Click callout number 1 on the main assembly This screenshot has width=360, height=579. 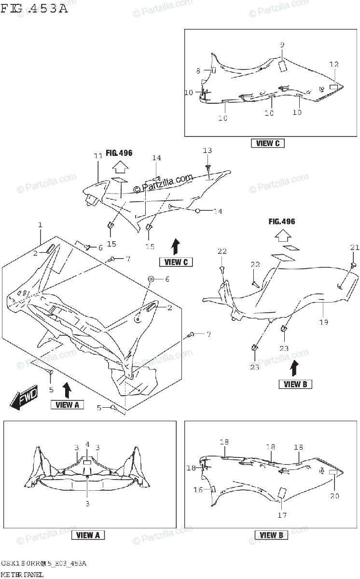point(41,225)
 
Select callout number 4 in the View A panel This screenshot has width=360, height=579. point(87,444)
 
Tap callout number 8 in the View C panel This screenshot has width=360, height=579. point(198,70)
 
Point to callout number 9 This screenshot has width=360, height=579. point(282,44)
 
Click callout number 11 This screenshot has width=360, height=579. point(98,156)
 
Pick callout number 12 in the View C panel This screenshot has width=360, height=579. point(334,64)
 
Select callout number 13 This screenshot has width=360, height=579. point(207,151)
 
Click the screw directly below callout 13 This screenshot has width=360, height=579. point(208,167)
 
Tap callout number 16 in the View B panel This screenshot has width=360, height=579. point(198,490)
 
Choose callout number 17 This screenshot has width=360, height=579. point(282,515)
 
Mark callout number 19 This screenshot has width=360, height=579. point(323,322)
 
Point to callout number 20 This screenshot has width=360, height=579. point(334,496)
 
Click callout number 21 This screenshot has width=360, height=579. point(355,248)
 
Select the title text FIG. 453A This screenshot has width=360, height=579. point(34,8)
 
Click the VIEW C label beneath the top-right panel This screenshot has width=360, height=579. point(268,143)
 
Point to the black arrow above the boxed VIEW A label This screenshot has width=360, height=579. point(67,389)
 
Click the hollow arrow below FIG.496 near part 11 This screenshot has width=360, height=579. point(119,167)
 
